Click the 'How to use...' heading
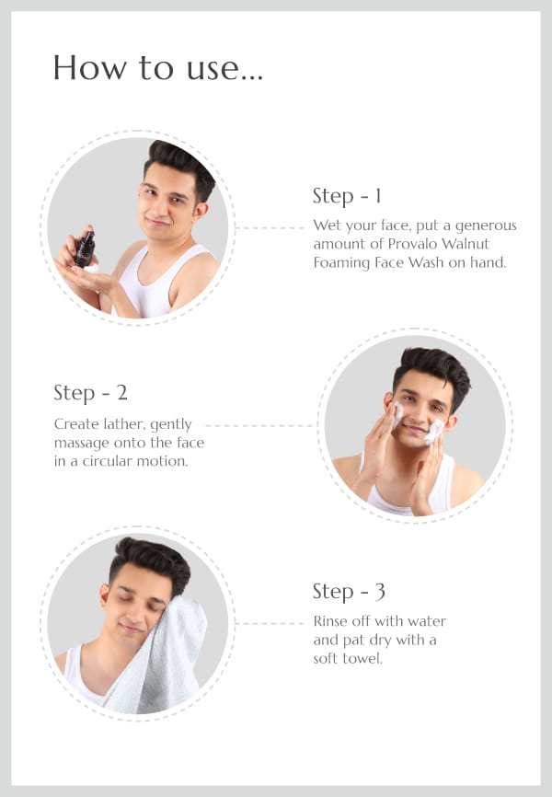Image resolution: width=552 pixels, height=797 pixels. [x=158, y=68]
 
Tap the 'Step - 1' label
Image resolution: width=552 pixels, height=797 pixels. [x=347, y=196]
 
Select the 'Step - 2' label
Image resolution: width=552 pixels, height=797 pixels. [x=90, y=393]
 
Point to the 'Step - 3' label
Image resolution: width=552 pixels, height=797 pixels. [x=349, y=592]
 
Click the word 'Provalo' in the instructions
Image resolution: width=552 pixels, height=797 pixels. [x=412, y=244]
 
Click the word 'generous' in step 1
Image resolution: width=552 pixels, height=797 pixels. [x=486, y=226]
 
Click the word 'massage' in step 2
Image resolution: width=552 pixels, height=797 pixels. [x=81, y=444]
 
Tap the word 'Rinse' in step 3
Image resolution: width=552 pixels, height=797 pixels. [x=330, y=621]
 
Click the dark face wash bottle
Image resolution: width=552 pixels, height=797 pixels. [x=85, y=249]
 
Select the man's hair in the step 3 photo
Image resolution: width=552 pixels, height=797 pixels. [x=151, y=560]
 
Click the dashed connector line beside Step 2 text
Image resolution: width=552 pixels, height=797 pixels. [x=259, y=425]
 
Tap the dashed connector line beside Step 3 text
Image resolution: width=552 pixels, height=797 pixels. [x=271, y=623]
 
